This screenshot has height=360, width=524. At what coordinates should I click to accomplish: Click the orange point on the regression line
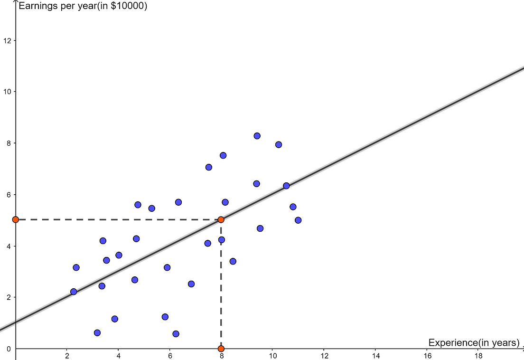(x=221, y=219)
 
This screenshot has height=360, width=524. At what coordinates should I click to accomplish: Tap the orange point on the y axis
(x=16, y=219)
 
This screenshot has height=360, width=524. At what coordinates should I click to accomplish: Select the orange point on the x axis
(x=221, y=349)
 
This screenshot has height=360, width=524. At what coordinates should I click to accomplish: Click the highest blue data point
(x=257, y=136)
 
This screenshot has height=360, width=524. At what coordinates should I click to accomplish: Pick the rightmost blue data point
(x=298, y=220)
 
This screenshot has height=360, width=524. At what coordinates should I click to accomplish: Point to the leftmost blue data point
(x=74, y=292)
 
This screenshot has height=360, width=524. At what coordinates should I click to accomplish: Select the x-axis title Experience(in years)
(x=474, y=342)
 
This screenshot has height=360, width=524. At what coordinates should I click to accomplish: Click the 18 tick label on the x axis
(x=478, y=356)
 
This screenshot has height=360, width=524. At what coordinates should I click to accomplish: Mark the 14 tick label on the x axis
(x=375, y=356)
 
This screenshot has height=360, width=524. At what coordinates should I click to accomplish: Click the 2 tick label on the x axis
(x=67, y=356)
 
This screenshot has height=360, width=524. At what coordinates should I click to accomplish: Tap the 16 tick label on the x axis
(x=427, y=356)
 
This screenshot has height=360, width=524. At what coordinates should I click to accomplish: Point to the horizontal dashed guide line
(x=119, y=219)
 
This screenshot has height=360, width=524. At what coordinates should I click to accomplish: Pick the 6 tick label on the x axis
(x=170, y=356)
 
